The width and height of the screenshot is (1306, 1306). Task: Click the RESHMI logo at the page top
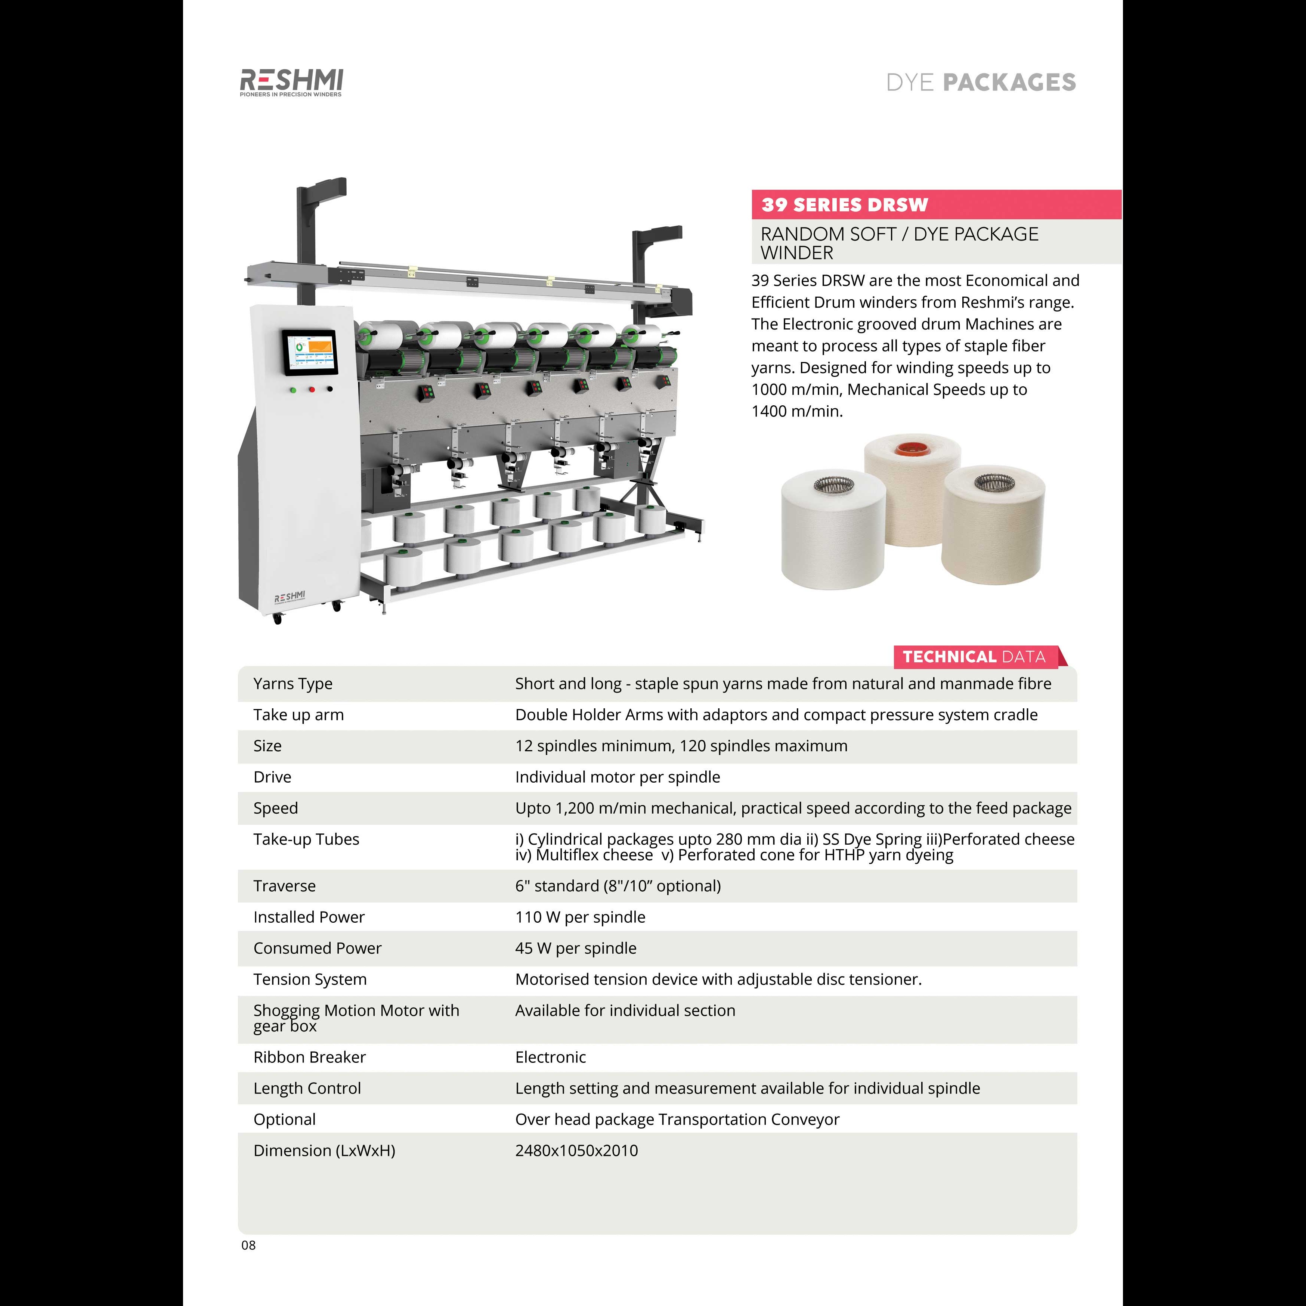(x=291, y=83)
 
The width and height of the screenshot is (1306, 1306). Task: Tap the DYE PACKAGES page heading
(x=981, y=83)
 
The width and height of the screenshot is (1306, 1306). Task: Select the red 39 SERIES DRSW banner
(x=936, y=204)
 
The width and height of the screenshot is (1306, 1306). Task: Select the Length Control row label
(x=307, y=1088)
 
